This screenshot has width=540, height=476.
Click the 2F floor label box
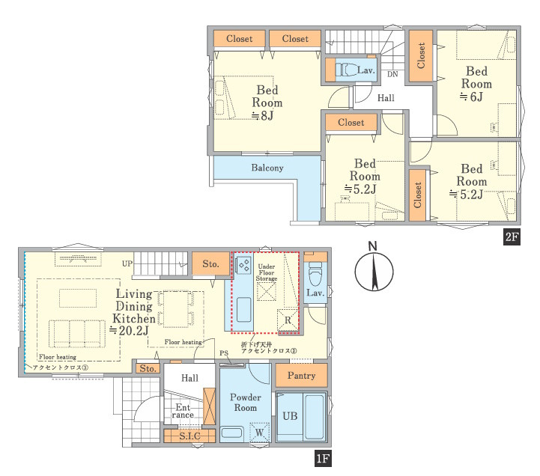coord(512,237)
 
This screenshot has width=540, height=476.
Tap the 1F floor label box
coord(323,458)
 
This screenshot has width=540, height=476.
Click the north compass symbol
coord(374,267)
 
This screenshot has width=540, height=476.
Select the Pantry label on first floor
coord(301,375)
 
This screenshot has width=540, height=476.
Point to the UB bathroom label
coord(290,416)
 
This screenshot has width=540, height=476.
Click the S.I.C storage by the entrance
coord(189,436)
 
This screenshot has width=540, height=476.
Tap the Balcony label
coord(267,168)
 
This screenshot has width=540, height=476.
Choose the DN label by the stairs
coord(392,74)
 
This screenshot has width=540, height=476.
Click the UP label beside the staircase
coord(127,263)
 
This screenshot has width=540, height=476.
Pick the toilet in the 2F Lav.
coord(347,70)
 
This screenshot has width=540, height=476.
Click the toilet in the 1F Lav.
coord(315,275)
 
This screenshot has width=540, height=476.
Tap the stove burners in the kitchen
coord(244,266)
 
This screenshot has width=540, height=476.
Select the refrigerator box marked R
coord(288,320)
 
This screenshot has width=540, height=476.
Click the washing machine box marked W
coord(260,432)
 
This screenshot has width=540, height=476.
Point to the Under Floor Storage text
coord(267,272)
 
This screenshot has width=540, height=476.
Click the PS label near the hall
coord(224,353)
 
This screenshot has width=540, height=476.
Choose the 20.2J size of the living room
coord(129,330)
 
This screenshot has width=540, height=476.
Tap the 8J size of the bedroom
coord(262,115)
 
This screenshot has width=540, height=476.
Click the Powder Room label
coord(246,403)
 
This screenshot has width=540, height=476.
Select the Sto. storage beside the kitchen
coord(210,263)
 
